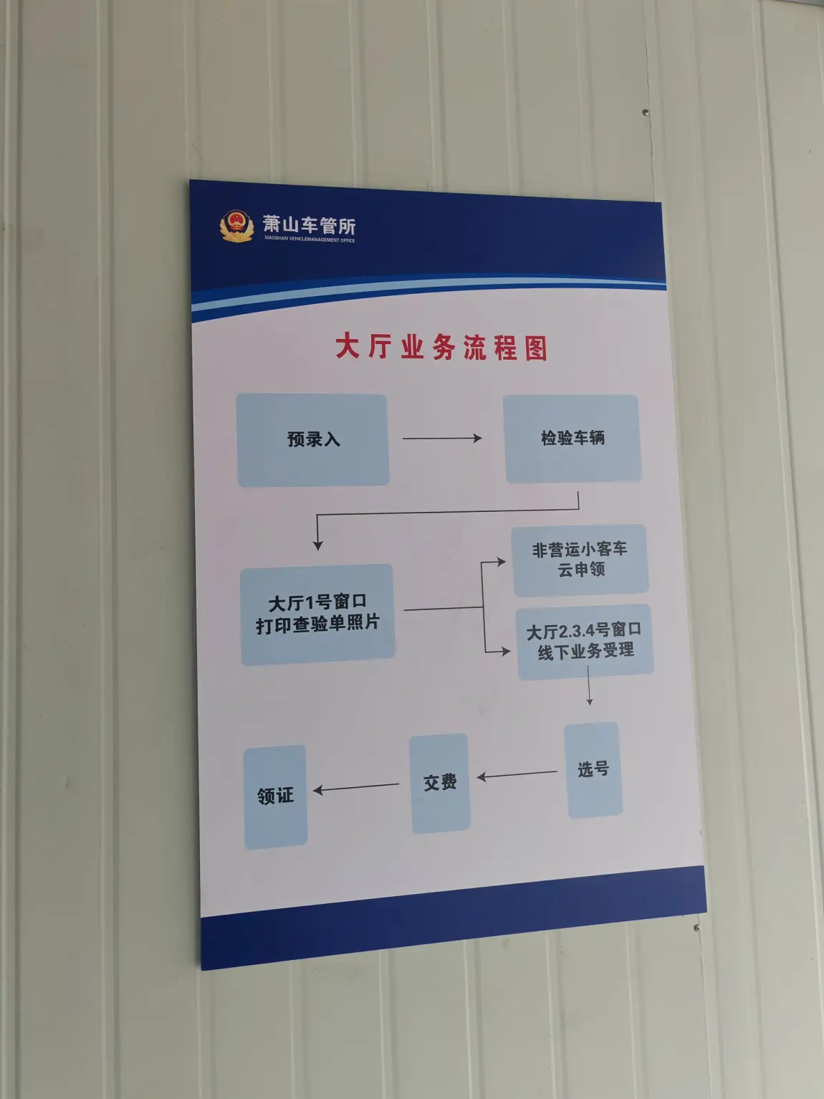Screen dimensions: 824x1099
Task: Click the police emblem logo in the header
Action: [236, 226]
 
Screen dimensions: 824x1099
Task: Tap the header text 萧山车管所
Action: [310, 225]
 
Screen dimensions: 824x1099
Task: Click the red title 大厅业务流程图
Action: [441, 346]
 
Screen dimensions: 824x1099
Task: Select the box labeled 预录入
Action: [312, 439]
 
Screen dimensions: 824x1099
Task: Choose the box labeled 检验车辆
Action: [573, 439]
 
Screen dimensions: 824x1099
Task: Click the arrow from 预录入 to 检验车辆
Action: [442, 438]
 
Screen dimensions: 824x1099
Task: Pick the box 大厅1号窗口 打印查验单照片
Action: [317, 614]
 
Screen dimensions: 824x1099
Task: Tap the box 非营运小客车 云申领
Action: [580, 560]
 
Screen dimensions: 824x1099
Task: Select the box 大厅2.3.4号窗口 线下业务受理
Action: [585, 642]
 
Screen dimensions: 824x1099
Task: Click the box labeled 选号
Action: [593, 769]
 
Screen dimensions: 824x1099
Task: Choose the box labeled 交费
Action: [440, 783]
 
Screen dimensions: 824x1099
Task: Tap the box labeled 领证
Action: [275, 796]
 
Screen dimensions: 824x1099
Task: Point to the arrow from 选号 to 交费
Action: [517, 774]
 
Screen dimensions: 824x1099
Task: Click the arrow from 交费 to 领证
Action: [355, 788]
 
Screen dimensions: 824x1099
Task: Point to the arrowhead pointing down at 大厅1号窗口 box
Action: [317, 545]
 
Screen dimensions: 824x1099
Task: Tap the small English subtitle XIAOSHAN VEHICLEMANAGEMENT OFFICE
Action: [310, 239]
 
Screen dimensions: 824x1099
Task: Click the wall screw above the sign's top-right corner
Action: [646, 112]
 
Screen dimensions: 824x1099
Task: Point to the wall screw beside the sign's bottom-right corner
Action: [697, 928]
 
